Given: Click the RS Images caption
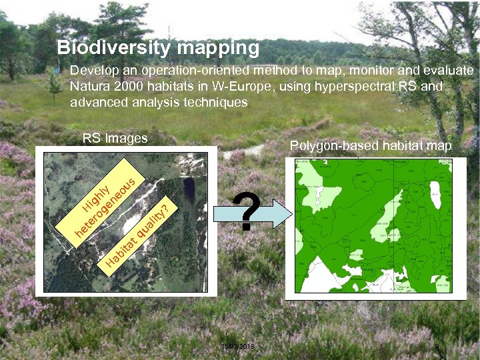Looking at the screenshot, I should [x=115, y=139].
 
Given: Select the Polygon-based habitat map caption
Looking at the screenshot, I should [x=370, y=146].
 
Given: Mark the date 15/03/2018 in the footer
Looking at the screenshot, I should [x=237, y=347].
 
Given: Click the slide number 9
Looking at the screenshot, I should [x=437, y=347].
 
